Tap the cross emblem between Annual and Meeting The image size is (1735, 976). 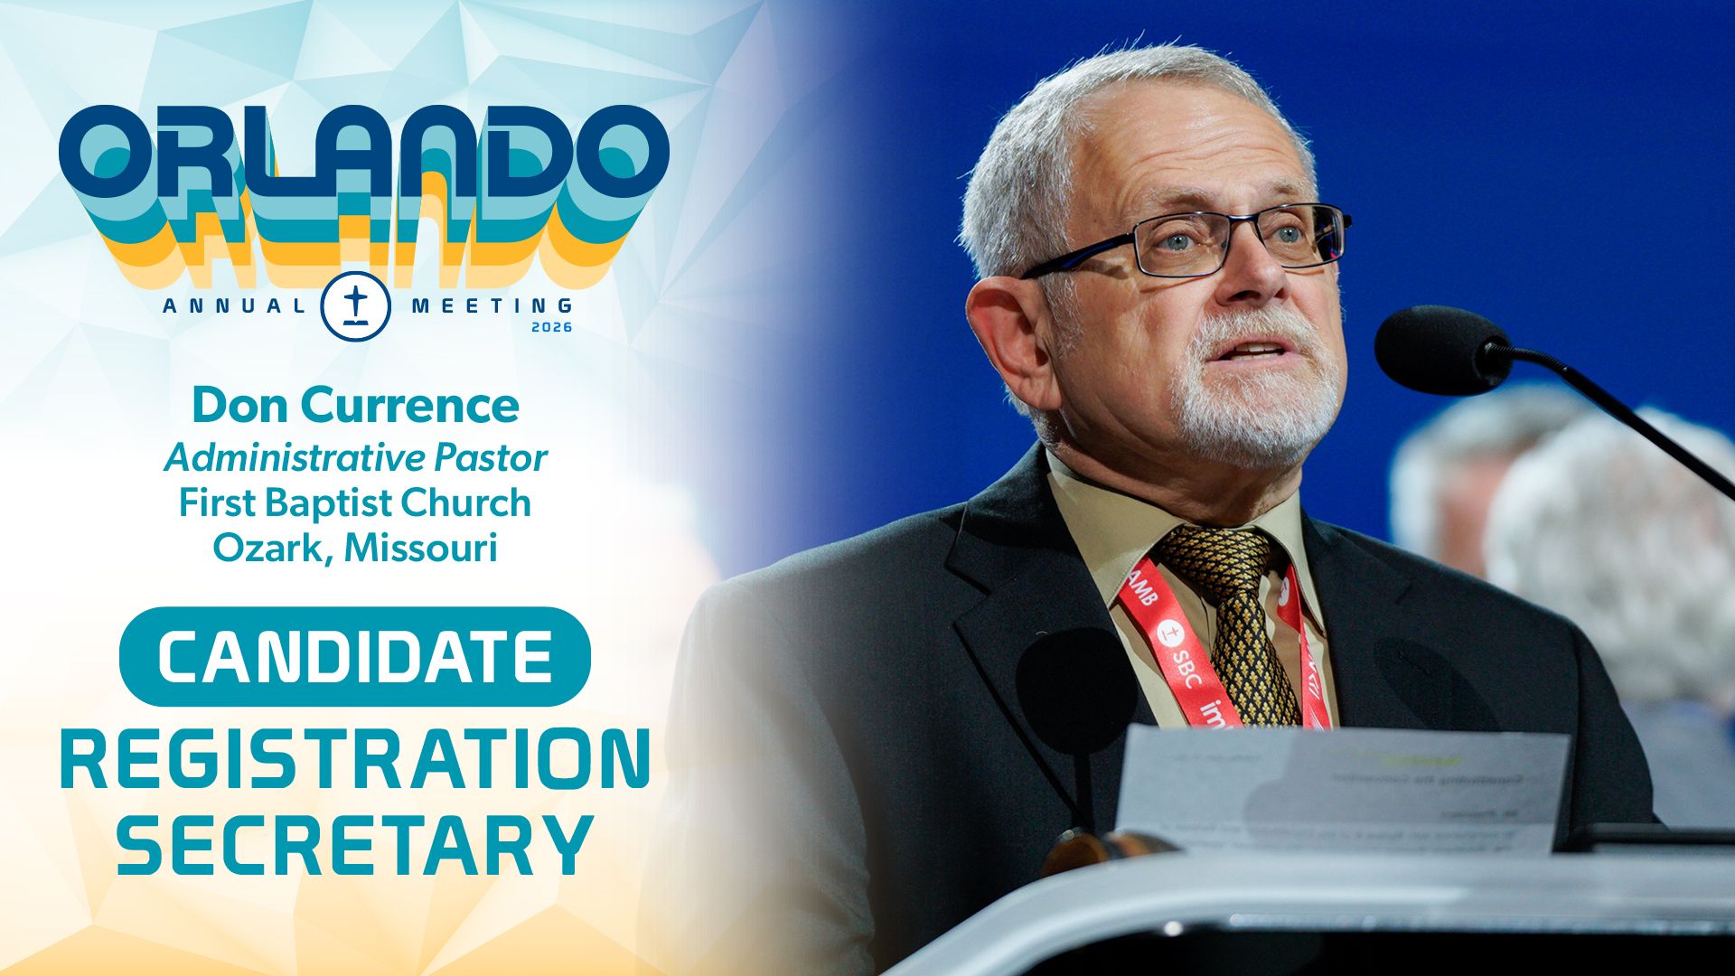[x=355, y=306]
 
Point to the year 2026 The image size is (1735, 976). [x=551, y=327]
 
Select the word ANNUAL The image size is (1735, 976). [x=235, y=306]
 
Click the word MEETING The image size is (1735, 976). [x=492, y=306]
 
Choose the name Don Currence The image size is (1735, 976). [x=355, y=405]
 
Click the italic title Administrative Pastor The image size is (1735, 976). [x=355, y=457]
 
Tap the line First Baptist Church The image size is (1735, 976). [x=355, y=502]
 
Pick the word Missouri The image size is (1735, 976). [x=420, y=548]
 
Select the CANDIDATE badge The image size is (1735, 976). [x=355, y=657]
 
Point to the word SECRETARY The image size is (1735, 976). [x=355, y=845]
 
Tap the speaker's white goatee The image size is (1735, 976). [x=1256, y=407]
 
